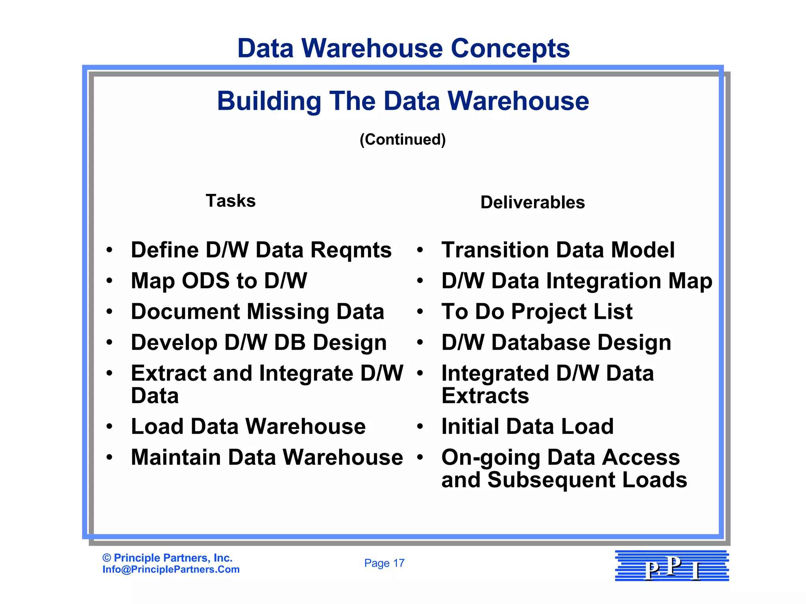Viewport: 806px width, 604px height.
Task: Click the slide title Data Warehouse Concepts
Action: click(403, 48)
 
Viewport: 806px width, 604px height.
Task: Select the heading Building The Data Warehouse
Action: click(403, 101)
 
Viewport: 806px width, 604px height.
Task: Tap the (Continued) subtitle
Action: click(403, 140)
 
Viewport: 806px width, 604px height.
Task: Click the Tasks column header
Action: click(231, 201)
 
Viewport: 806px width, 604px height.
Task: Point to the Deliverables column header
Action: click(532, 203)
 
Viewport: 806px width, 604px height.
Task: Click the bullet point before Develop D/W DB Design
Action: click(109, 343)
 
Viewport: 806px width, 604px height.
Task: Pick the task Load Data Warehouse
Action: click(248, 427)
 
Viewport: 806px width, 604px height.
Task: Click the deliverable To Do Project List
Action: click(537, 312)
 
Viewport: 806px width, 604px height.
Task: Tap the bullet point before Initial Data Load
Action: click(420, 427)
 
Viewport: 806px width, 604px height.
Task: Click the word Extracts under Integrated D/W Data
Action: click(485, 396)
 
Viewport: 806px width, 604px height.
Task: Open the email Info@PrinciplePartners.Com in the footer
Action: click(171, 569)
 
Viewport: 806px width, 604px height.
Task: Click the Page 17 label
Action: click(384, 563)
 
